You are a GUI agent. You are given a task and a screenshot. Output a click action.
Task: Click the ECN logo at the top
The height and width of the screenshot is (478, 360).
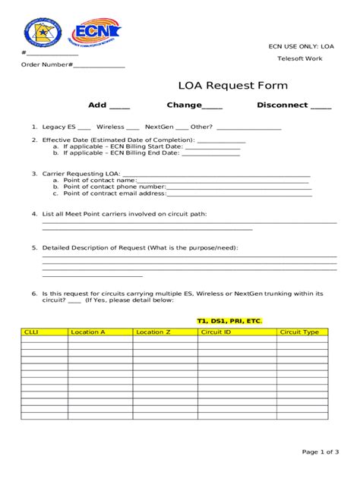[x=94, y=32]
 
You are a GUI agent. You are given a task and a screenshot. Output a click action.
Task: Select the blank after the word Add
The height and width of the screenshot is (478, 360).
[x=120, y=107]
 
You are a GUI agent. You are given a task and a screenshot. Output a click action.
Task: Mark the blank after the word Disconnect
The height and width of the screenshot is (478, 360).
[x=321, y=107]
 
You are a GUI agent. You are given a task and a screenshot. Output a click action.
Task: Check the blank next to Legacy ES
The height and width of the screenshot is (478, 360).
[x=84, y=127]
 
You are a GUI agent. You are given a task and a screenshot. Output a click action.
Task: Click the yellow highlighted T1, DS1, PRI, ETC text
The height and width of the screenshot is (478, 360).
[x=229, y=321]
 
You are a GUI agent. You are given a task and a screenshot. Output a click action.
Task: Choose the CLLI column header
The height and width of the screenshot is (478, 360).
[x=32, y=332]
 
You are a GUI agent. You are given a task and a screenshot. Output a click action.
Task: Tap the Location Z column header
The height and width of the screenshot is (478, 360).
[x=153, y=332]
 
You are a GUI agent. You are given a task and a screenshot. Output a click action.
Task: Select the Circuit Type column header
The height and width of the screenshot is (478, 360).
[x=299, y=332]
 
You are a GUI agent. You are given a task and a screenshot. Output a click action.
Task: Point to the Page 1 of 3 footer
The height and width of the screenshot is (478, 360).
[x=321, y=451]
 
